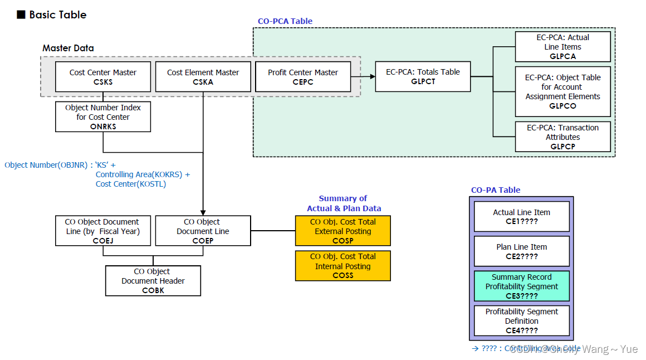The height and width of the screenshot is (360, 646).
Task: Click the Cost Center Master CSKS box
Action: [103, 77]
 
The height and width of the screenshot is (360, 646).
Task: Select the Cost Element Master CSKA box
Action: [203, 77]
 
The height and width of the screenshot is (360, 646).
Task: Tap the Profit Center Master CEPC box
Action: [302, 77]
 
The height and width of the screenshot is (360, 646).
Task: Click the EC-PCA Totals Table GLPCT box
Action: [423, 76]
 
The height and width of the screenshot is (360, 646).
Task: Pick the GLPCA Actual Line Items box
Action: [562, 47]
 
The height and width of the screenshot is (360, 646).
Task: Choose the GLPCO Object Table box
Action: [562, 91]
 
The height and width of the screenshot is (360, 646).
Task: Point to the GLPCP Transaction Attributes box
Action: [562, 137]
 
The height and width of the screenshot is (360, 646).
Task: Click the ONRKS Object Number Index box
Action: [103, 117]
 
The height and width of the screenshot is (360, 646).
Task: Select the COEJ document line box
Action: [103, 231]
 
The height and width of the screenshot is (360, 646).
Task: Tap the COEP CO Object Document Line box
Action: [203, 231]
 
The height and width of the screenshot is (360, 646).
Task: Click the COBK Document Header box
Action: [153, 281]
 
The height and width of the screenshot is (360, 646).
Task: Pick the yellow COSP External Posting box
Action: [342, 231]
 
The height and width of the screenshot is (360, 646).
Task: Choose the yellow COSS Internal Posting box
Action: [342, 266]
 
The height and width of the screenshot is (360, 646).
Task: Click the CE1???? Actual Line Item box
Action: [521, 217]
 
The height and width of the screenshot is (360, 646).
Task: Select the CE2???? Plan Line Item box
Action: [521, 251]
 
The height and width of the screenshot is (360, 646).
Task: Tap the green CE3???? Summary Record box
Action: [521, 286]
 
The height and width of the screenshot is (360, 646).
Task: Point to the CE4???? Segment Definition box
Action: [521, 321]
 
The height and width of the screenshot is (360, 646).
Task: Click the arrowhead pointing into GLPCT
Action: [371, 76]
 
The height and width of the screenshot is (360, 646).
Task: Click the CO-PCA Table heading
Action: [285, 21]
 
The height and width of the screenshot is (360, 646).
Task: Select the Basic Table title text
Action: [58, 15]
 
